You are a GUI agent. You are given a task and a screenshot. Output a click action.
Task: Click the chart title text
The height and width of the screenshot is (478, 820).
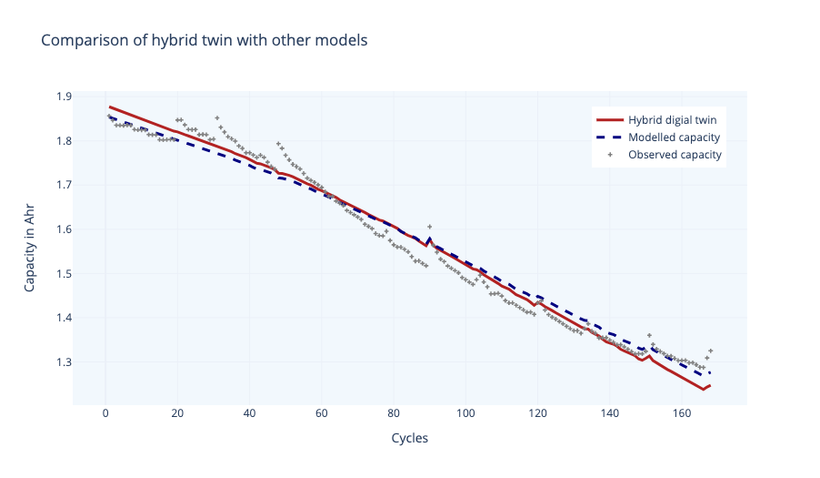[x=204, y=41]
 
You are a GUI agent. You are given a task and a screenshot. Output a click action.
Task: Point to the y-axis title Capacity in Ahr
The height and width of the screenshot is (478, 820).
[x=29, y=249]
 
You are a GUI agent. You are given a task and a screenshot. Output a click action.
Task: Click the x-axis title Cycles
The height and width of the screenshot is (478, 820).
[x=409, y=438]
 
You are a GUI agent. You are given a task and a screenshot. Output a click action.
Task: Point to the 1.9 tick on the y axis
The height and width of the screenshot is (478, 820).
[x=64, y=97]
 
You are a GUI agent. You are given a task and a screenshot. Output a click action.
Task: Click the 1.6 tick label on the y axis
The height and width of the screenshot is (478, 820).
[x=64, y=229]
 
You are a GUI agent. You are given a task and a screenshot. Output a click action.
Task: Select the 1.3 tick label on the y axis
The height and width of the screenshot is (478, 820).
[x=64, y=362]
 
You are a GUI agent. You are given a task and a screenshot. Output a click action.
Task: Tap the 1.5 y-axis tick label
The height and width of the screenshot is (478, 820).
[x=64, y=274]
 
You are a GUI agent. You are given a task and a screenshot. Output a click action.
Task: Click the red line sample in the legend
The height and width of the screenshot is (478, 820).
[x=609, y=119]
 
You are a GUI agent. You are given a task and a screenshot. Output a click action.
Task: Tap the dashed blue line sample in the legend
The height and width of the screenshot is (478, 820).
[x=609, y=137]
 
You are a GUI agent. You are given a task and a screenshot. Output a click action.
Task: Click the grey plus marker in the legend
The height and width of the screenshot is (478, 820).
[x=609, y=155]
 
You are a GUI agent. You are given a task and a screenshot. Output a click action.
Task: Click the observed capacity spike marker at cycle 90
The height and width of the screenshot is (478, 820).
[x=429, y=226]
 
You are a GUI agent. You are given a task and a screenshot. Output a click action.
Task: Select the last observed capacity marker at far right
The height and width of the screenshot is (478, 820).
[x=710, y=351]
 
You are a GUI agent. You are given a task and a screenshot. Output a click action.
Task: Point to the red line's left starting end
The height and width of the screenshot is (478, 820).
[x=110, y=107]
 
